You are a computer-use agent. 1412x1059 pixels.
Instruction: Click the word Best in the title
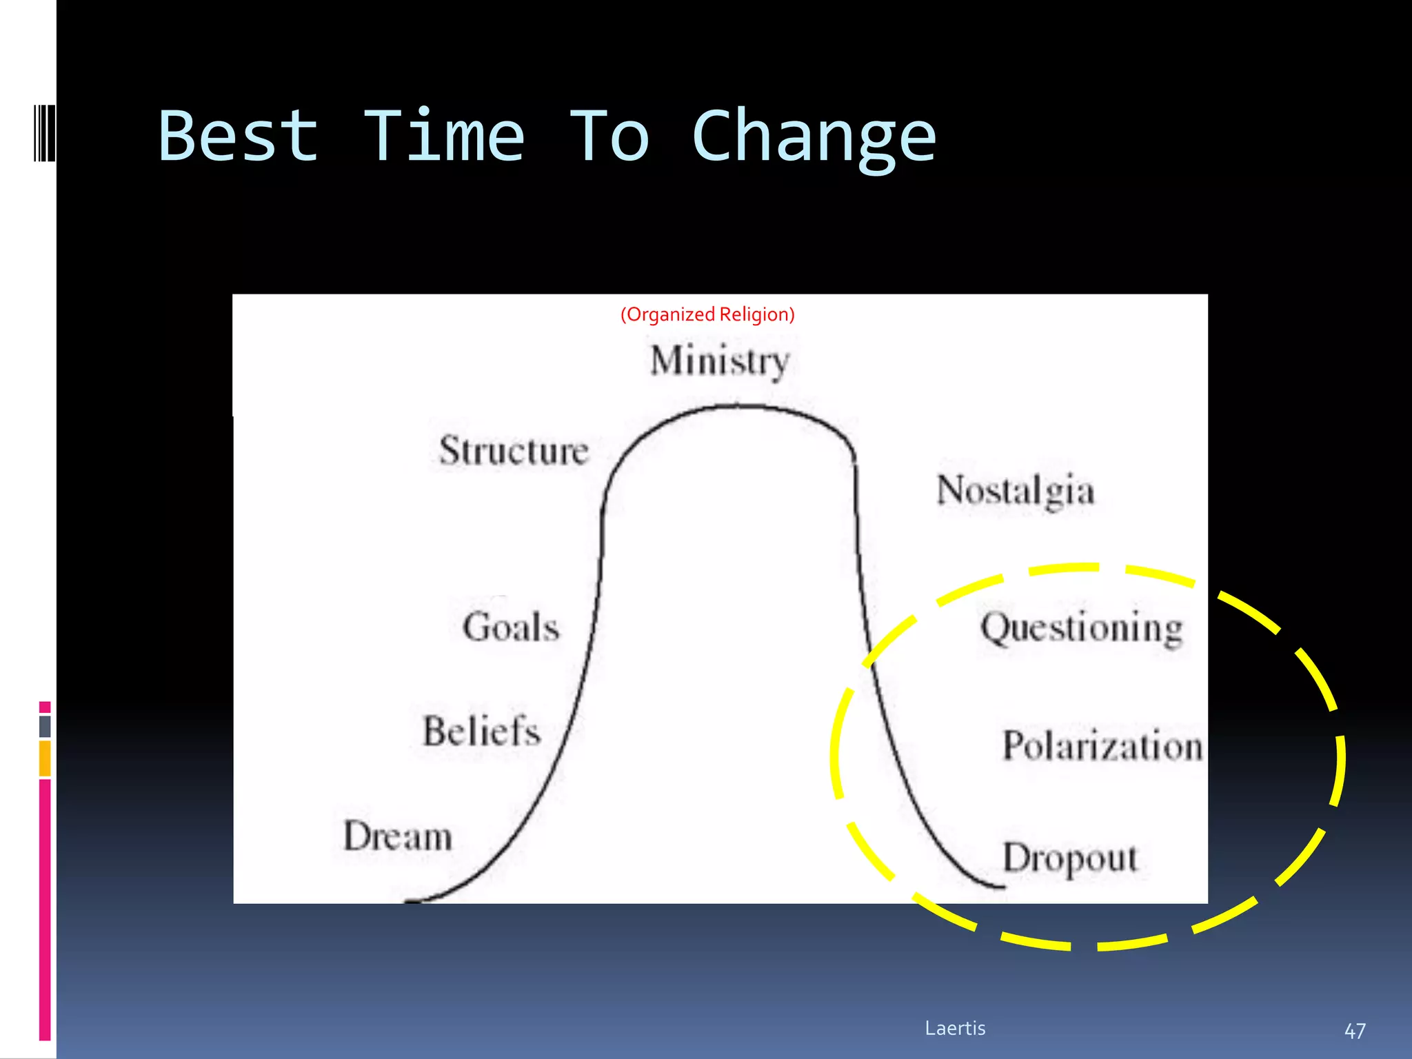239,137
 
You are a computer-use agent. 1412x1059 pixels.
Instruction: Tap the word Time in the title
443,137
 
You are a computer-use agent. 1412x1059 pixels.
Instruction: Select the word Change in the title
814,138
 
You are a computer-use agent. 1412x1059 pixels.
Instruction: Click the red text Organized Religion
707,314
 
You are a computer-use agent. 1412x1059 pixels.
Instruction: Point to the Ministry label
720,361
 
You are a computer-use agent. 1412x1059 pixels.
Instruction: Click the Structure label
514,451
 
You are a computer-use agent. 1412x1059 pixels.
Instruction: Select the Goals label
511,627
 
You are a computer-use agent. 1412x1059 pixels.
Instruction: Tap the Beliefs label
481,732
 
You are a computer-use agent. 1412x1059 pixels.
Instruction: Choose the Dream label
398,836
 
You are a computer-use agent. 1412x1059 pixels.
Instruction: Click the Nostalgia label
1016,491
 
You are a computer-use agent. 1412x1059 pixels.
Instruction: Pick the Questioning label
1082,628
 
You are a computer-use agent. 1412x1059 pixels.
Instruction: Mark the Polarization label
1102,746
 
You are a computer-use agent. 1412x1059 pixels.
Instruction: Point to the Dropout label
1069,858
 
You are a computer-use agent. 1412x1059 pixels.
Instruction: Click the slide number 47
1355,1031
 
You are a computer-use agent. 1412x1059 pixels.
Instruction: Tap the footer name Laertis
955,1028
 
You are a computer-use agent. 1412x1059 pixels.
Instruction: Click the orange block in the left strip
45,758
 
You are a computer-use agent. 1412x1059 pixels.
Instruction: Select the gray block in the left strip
45,726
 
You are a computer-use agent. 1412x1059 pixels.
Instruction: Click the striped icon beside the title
44,133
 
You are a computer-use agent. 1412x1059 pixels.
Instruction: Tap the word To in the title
609,137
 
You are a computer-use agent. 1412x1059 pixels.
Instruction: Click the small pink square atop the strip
45,707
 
